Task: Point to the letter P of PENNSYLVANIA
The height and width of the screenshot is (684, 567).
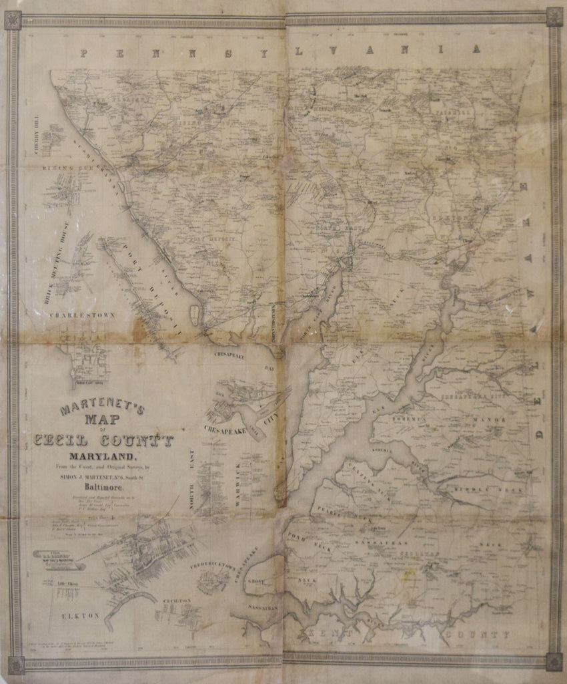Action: (x=85, y=54)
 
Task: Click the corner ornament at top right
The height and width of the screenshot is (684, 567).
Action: (x=554, y=17)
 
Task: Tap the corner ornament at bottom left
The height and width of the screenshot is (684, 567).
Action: (x=15, y=664)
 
